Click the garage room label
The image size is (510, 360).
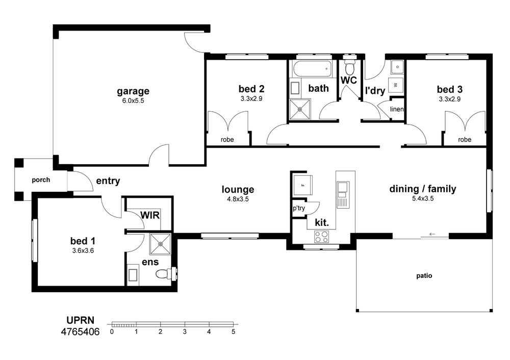click(133, 91)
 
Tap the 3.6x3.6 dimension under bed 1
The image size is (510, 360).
click(83, 251)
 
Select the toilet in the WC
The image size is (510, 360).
click(350, 66)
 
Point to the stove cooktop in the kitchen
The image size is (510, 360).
click(321, 237)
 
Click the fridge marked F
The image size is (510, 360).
click(303, 185)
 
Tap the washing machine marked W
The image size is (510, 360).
click(396, 85)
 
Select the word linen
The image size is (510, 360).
click(396, 109)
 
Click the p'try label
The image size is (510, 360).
click(299, 208)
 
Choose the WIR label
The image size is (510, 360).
click(150, 215)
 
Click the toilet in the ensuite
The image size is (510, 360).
click(165, 273)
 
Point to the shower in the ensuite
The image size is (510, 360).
click(160, 244)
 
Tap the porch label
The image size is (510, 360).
click(41, 180)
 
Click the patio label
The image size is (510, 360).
click(424, 276)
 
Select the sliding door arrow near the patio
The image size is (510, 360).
click(432, 234)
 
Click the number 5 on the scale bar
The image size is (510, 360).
click(233, 332)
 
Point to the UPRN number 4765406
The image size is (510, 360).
click(81, 332)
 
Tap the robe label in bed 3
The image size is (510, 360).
click(465, 140)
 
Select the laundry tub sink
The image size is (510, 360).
click(397, 67)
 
